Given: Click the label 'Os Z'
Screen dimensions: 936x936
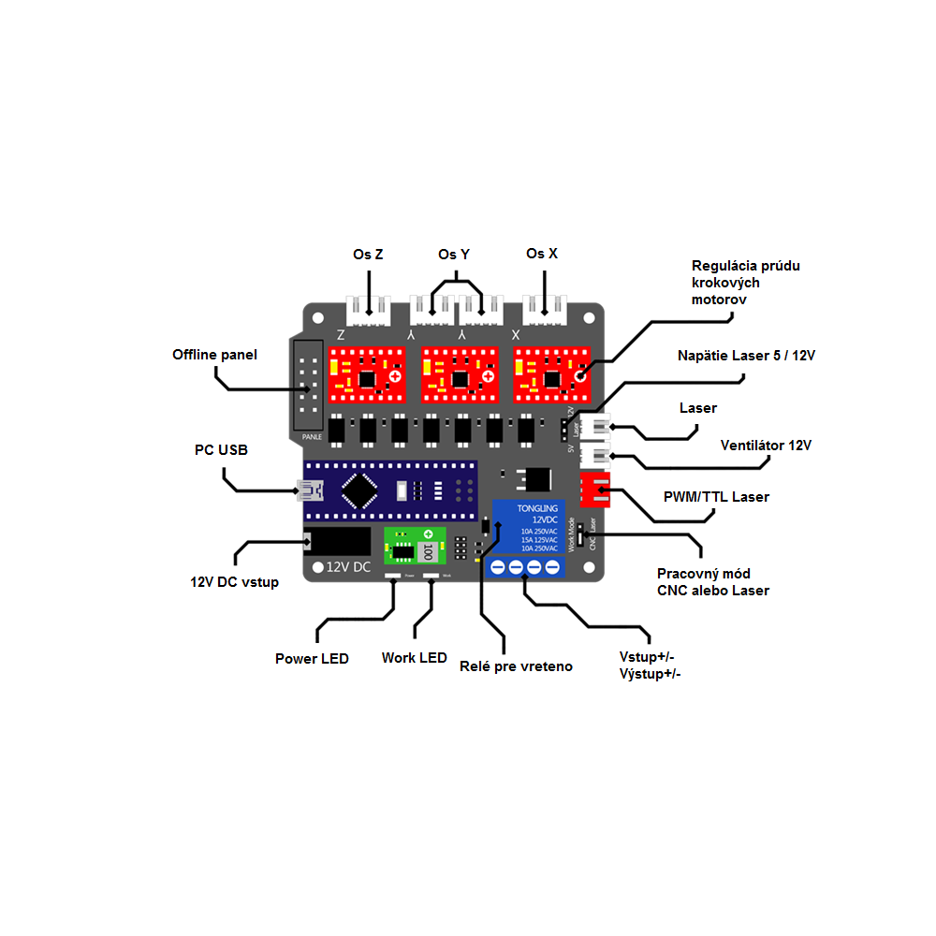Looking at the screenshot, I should tap(368, 254).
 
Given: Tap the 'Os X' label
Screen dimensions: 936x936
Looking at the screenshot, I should tap(542, 254).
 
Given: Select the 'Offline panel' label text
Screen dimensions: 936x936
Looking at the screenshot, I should tap(214, 355).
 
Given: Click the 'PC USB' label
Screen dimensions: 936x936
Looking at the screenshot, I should tap(221, 450).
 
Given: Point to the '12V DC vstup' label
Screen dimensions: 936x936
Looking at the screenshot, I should tap(234, 581).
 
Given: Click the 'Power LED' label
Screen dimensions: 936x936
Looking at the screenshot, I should tap(312, 659).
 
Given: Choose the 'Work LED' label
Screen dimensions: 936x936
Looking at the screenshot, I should tap(414, 658).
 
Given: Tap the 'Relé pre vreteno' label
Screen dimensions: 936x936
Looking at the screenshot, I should tap(516, 666).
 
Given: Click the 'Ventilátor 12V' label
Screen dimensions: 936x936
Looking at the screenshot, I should tap(766, 445).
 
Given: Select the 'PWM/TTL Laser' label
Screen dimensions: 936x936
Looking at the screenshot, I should tap(716, 497).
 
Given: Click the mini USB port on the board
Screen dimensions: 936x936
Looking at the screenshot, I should tap(310, 490).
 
